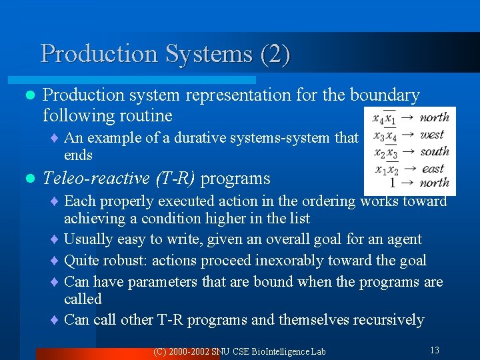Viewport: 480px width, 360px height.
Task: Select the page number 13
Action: (x=434, y=350)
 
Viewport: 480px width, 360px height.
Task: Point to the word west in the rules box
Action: (x=432, y=135)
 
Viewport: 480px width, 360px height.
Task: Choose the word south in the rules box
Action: (x=435, y=151)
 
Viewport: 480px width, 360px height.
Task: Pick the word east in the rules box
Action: (x=433, y=168)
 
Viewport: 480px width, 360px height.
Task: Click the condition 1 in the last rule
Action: (x=393, y=182)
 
